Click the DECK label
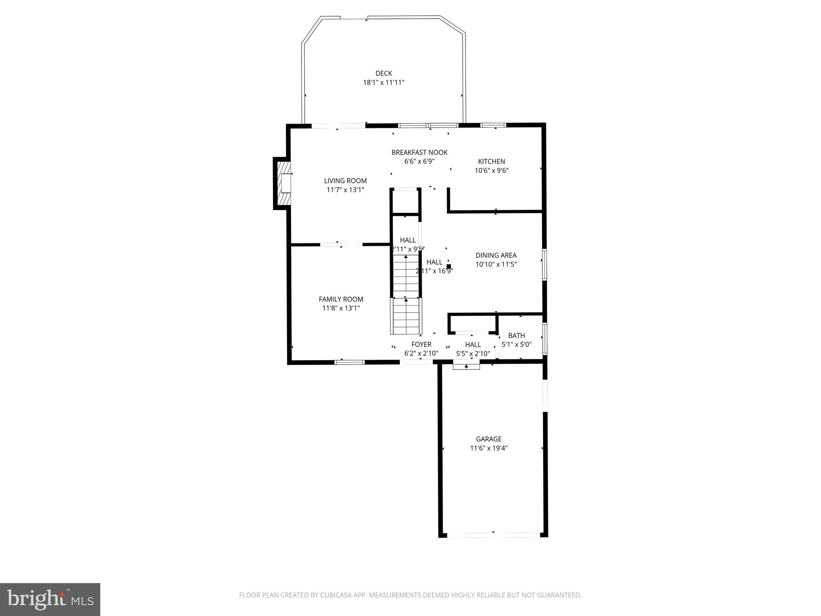click(x=384, y=73)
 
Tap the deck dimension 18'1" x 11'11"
click(x=384, y=83)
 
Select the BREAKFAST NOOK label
click(x=419, y=152)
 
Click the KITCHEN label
click(x=491, y=162)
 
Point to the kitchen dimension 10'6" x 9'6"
click(x=491, y=170)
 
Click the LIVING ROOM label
click(x=345, y=181)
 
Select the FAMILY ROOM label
click(x=341, y=299)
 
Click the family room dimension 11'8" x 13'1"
click(x=341, y=308)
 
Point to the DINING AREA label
click(x=496, y=255)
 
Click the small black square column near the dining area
click(x=449, y=266)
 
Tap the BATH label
click(x=516, y=336)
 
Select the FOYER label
click(x=421, y=344)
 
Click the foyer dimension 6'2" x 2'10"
click(x=421, y=354)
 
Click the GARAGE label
click(x=489, y=439)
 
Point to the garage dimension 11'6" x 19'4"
click(x=489, y=448)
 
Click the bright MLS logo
click(x=50, y=600)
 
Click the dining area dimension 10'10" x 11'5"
click(x=496, y=265)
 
